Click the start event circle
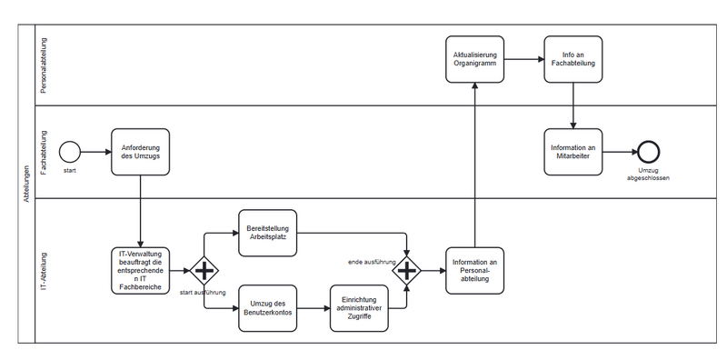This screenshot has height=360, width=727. pos(70,152)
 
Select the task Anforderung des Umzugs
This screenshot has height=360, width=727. pos(140,152)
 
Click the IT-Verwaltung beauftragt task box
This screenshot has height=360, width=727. pos(140,270)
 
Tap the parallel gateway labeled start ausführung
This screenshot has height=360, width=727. pos(204,270)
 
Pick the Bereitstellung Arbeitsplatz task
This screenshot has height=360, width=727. pos(268,233)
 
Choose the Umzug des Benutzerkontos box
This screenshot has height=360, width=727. pos(268,308)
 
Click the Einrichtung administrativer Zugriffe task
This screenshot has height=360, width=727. pos(359,308)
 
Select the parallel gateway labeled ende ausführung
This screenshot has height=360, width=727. pos(406,270)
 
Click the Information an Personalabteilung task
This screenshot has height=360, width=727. pos(474,270)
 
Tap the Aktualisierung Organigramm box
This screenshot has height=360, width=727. pos(474,60)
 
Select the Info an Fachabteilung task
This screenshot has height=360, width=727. pos(573,60)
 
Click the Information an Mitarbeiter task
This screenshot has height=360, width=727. pos(573,152)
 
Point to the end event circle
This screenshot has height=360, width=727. pos(648,152)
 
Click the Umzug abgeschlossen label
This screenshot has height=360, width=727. pos(648,175)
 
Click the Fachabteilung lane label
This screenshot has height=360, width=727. pos(44,152)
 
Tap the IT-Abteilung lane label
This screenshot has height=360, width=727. pos(44,271)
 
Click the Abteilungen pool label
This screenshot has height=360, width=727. pos(26,183)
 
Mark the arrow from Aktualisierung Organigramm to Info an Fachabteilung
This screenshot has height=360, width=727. pos(523,60)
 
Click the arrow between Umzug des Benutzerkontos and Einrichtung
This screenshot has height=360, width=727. pos(314,308)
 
